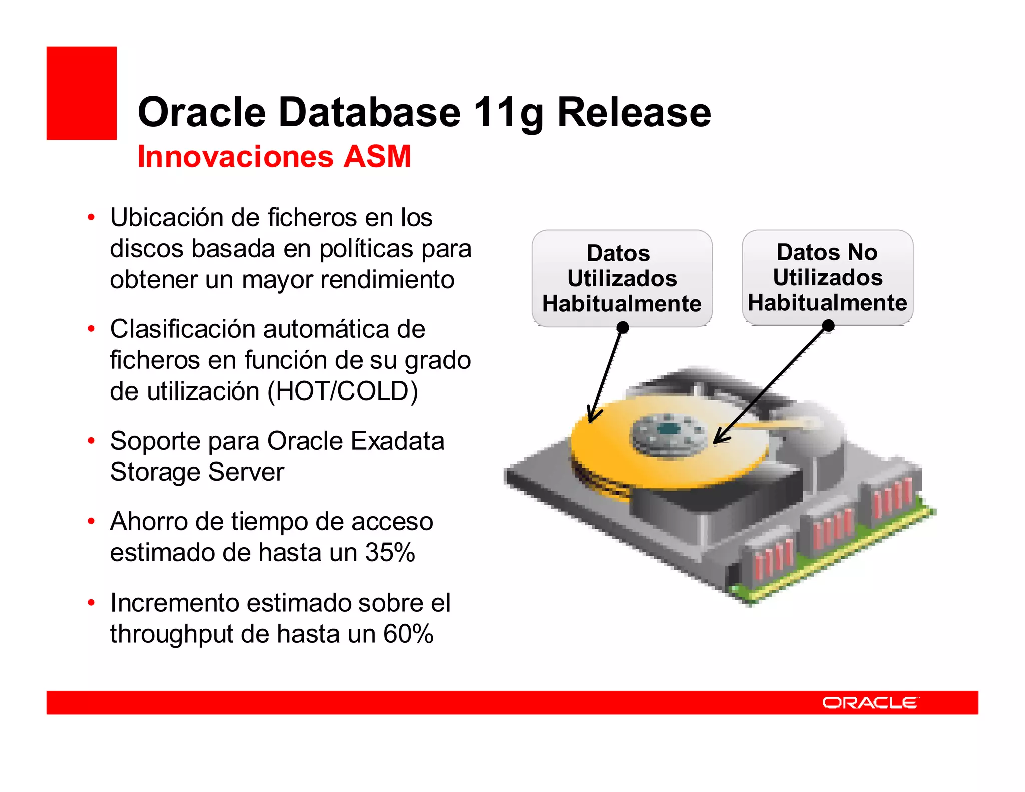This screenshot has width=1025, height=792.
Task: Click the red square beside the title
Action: pos(81,93)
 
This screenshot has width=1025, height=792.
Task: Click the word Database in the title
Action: pos(369,112)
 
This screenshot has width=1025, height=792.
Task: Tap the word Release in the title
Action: pos(634,112)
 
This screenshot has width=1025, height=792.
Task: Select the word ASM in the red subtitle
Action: pos(377,156)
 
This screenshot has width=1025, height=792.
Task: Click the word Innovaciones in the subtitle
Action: pos(235,156)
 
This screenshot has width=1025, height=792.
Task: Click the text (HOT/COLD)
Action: pos(343,391)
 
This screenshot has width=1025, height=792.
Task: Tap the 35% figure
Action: pos(390,552)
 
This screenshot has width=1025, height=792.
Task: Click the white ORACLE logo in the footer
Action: pos(870,703)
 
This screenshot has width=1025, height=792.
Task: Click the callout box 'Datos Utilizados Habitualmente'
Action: pos(622,278)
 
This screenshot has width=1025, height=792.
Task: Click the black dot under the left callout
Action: pos(623,327)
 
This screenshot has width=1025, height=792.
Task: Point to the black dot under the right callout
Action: pos(828,326)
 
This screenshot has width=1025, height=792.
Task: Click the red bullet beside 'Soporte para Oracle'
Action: pos(91,441)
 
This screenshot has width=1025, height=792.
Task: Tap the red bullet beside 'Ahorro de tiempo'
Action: pos(91,521)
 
